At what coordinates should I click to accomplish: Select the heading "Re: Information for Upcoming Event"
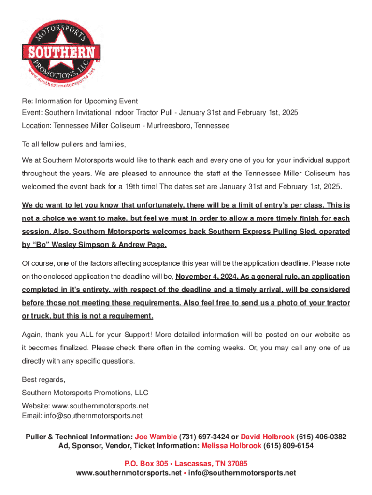(x=80, y=101)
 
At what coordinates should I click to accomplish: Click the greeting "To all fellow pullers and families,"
(x=74, y=145)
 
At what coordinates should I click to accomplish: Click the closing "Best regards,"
(x=43, y=379)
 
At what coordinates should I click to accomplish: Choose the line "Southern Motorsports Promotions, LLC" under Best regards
(x=85, y=393)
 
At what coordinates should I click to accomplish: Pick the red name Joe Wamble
(x=156, y=437)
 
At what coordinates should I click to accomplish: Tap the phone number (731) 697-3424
(x=204, y=437)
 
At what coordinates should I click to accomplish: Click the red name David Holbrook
(x=267, y=437)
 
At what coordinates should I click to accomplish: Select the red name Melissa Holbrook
(x=231, y=446)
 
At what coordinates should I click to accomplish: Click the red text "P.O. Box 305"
(x=145, y=463)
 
